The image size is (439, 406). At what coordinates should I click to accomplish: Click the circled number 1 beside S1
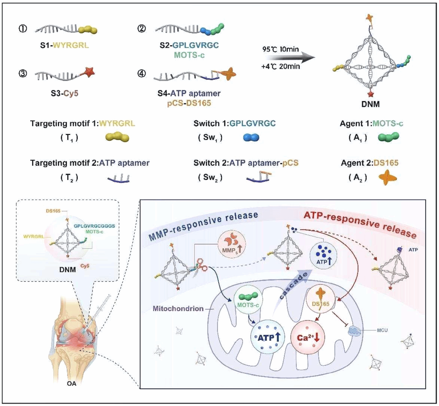pyautogui.click(x=23, y=29)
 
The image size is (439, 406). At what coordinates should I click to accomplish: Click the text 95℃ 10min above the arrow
pyautogui.click(x=280, y=49)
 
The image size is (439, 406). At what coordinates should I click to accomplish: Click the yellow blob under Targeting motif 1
pyautogui.click(x=117, y=138)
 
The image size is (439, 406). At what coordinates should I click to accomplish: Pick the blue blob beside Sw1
pyautogui.click(x=251, y=138)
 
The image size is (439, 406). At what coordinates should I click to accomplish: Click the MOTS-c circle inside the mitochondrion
pyautogui.click(x=248, y=300)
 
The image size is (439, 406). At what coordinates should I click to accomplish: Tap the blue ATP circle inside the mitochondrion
pyautogui.click(x=267, y=337)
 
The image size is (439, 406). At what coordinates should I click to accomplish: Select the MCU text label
pyautogui.click(x=382, y=330)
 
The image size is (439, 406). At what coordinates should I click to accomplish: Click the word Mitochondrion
pyautogui.click(x=178, y=309)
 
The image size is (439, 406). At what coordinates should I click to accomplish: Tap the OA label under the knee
pyautogui.click(x=72, y=383)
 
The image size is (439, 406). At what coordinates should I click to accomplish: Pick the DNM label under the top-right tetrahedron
pyautogui.click(x=370, y=104)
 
